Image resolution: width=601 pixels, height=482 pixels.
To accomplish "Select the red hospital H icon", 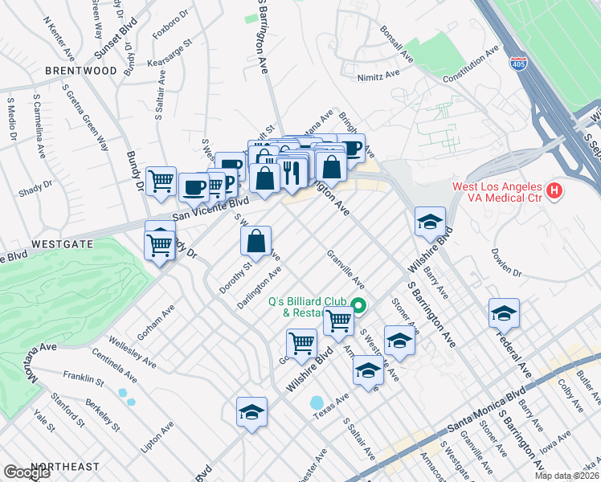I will pyautogui.click(x=553, y=191).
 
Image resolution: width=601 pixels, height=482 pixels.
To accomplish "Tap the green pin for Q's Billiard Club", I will pyautogui.click(x=359, y=304).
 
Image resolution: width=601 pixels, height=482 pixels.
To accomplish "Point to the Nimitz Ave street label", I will pyautogui.click(x=380, y=75).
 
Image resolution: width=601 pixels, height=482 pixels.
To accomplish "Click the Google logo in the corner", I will pyautogui.click(x=27, y=472).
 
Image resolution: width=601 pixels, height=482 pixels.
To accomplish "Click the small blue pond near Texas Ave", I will pyautogui.click(x=317, y=402).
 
